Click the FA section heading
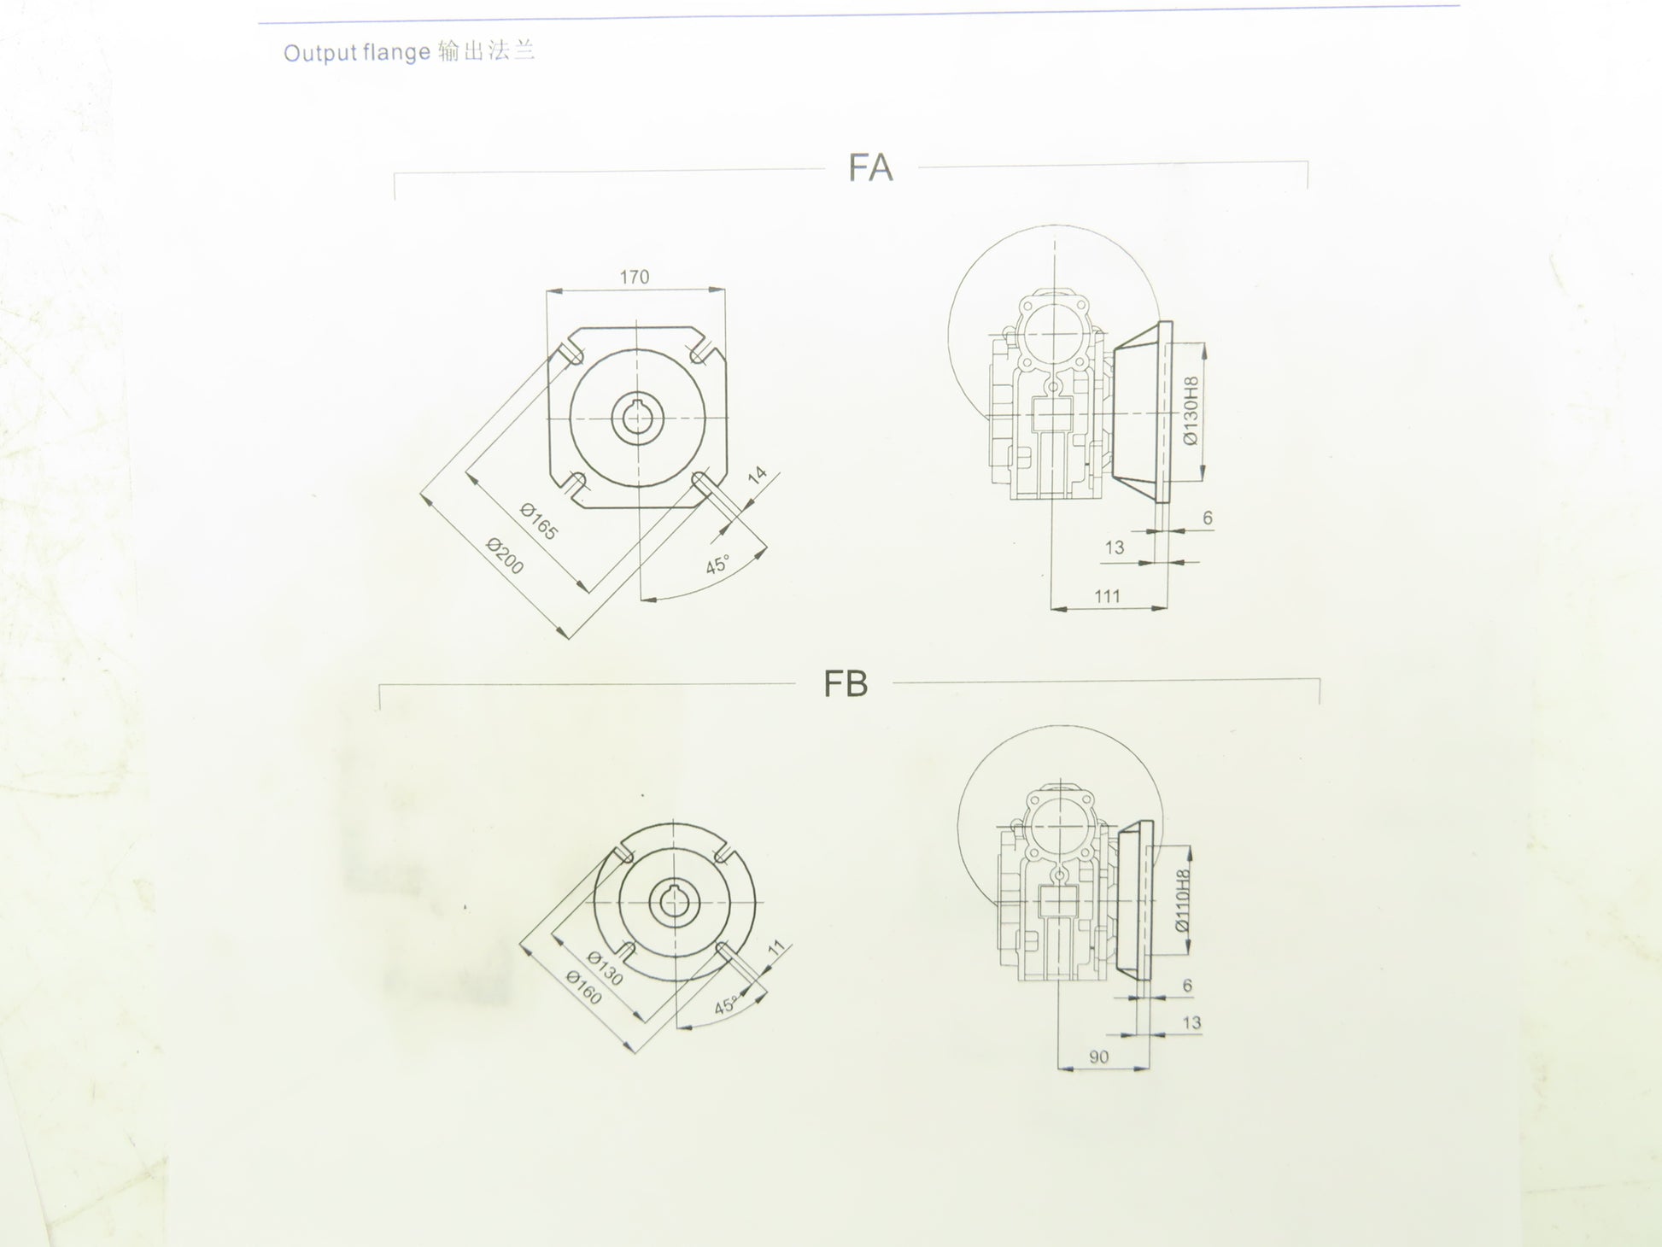870,167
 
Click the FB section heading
846,683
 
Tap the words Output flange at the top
356,53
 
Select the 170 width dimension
635,277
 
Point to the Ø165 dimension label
539,522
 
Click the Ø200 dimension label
505,556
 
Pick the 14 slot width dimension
758,477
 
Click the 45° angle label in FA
717,565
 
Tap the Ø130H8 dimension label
1191,411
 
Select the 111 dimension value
1107,596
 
